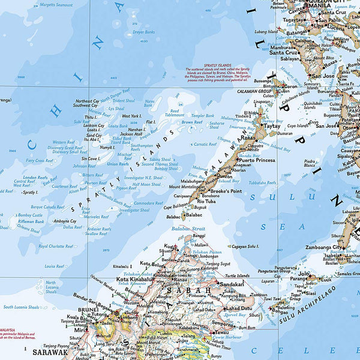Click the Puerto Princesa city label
257,160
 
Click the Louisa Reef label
54,265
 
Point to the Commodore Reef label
148,203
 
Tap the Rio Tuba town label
206,202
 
